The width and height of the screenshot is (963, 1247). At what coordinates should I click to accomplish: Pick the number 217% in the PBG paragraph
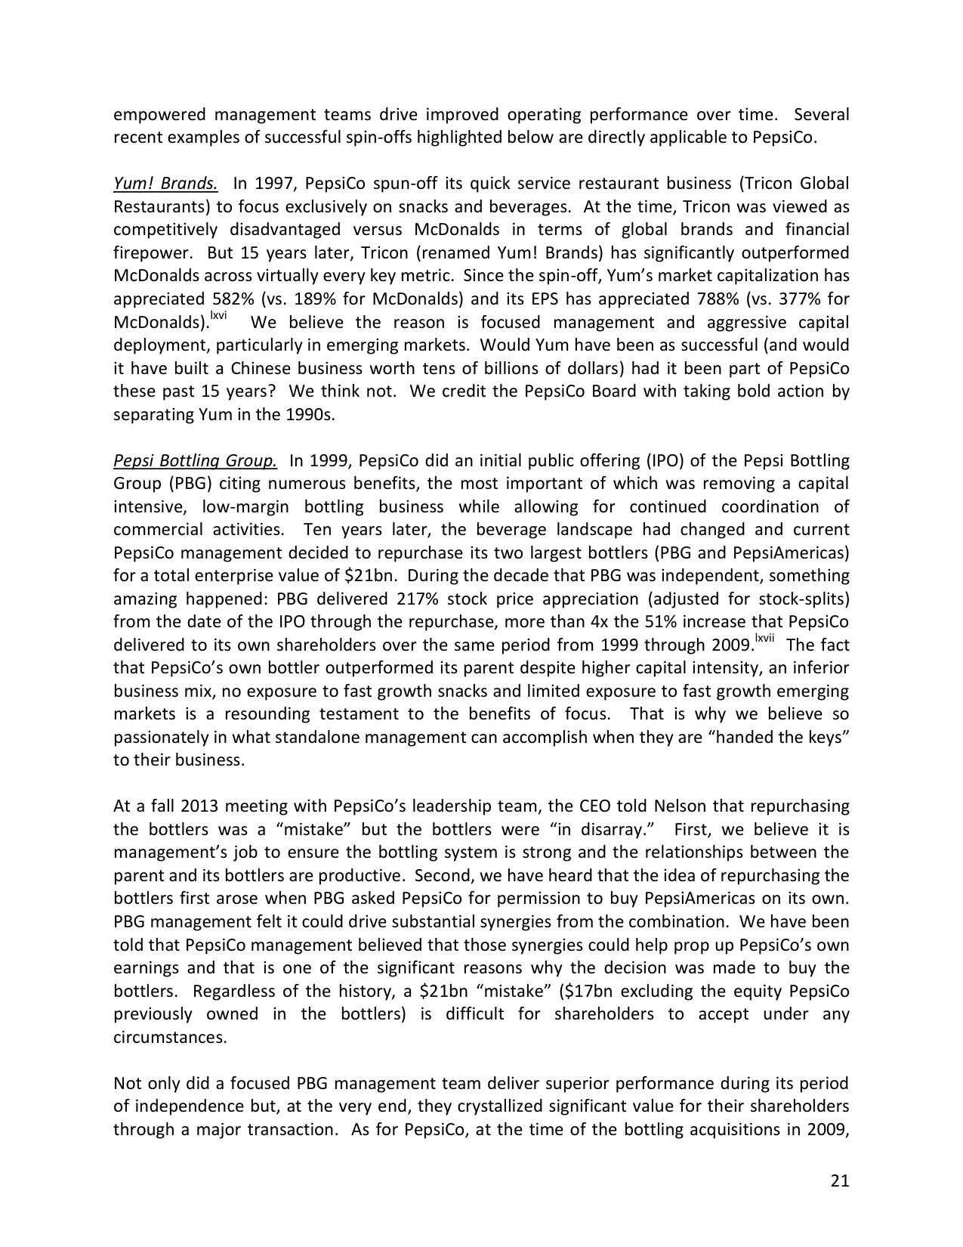415,599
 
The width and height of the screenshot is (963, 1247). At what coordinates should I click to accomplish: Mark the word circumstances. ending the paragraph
170,1037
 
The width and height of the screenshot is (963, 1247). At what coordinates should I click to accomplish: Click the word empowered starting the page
159,115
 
